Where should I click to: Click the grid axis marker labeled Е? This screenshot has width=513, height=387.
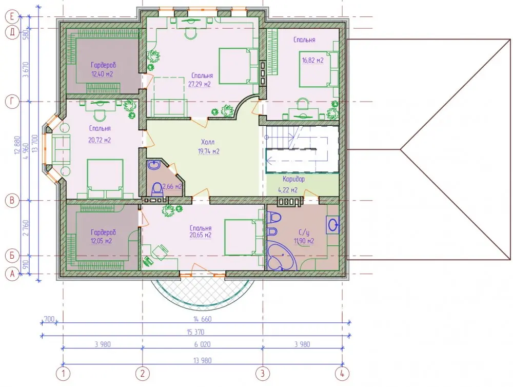pos(12,16)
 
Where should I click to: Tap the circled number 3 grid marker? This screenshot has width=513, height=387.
pos(262,374)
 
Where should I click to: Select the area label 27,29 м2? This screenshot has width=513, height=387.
pos(199,85)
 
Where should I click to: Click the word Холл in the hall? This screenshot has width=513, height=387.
pos(208,142)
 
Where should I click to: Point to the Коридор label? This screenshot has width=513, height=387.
pos(293,179)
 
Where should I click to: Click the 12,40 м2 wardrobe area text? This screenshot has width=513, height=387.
pos(102,74)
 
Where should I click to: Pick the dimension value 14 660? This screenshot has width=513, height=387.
pos(203,319)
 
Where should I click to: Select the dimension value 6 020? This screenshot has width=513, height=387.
pos(203,344)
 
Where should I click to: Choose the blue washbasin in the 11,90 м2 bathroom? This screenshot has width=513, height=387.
pos(333,225)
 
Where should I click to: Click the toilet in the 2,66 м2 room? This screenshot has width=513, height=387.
pos(157,189)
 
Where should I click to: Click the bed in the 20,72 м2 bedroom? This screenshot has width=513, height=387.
pos(105,179)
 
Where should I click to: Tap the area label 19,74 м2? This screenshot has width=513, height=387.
pos(208,151)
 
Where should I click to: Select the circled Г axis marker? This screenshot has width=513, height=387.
pos(12,102)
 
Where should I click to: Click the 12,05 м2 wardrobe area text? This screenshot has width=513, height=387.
pos(102,241)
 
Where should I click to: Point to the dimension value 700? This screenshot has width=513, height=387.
pos(49,319)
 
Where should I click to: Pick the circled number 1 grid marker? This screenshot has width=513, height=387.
pos(63,374)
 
